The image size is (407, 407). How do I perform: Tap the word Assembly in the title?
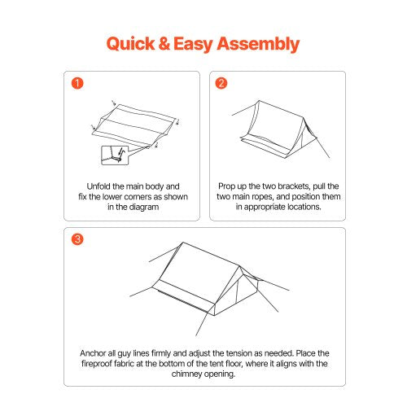click(259, 44)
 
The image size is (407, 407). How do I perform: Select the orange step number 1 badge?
click(77, 83)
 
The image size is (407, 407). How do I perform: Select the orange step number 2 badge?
click(221, 83)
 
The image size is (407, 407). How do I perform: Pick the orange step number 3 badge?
click(77, 239)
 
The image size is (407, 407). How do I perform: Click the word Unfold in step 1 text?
click(100, 186)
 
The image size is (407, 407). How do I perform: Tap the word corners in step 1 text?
click(135, 196)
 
